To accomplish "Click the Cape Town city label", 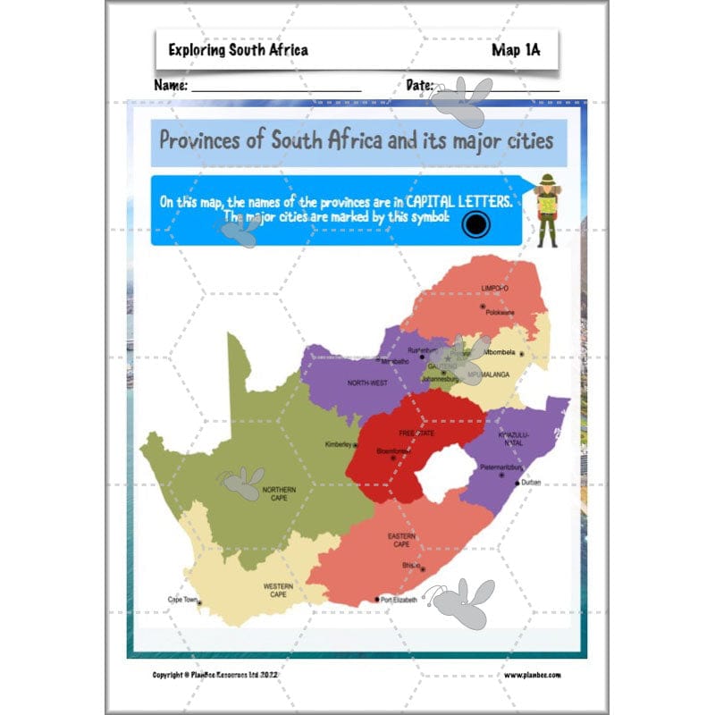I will [x=182, y=600].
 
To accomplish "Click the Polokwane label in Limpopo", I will [x=499, y=312].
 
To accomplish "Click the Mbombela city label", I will [x=500, y=351].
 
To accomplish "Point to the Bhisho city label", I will [x=410, y=565].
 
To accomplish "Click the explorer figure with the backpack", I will [x=545, y=210].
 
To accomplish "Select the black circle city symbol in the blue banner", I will [x=475, y=224].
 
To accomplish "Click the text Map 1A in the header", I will [x=515, y=50].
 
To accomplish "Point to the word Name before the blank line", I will [x=171, y=86].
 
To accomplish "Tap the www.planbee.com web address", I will [x=532, y=676].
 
